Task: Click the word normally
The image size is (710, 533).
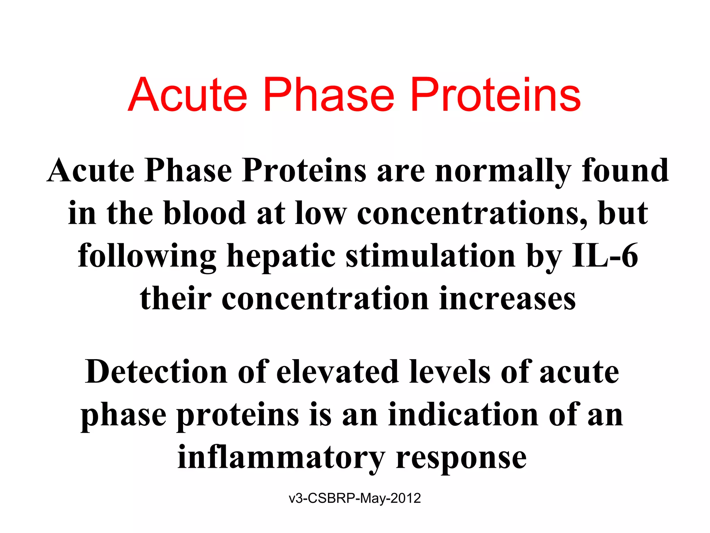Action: point(503,171)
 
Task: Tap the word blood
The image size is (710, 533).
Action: point(205,213)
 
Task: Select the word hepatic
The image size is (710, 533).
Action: point(281,256)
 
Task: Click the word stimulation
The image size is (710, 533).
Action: point(430,256)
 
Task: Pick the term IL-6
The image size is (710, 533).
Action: point(605,256)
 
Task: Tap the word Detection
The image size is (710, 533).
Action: point(156,372)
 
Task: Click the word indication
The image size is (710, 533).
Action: point(463,415)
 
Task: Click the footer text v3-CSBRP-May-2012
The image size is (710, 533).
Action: point(355,498)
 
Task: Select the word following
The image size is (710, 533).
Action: point(147,256)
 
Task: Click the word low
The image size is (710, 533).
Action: point(320,213)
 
